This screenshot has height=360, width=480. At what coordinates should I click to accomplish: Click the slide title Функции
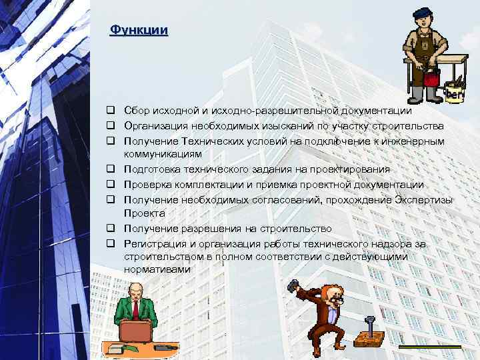coord(139,31)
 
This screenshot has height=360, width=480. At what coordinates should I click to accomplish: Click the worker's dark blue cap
coord(422,13)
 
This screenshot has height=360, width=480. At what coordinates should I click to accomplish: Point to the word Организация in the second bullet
coord(158,126)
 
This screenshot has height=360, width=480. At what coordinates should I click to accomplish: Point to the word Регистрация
coord(154,243)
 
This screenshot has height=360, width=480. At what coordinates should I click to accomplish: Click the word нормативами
coord(157,269)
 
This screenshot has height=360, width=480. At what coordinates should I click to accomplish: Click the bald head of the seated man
coord(135,287)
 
